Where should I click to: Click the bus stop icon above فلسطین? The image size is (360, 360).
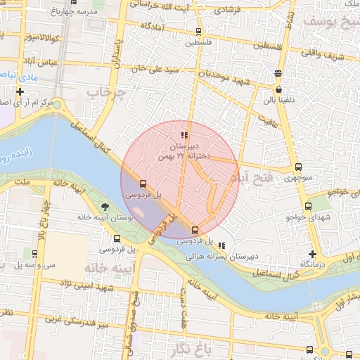(x=198, y=32)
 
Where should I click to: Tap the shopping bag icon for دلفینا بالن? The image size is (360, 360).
(x=279, y=90)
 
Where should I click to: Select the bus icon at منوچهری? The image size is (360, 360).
(x=299, y=167)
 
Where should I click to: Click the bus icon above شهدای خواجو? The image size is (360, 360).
(x=308, y=206)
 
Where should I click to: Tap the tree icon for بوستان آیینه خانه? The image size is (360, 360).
(x=105, y=207)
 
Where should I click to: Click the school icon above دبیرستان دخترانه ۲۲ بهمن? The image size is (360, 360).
(x=184, y=135)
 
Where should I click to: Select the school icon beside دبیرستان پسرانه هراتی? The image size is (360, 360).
(x=222, y=246)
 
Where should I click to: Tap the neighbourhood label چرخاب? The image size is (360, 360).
(x=105, y=92)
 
